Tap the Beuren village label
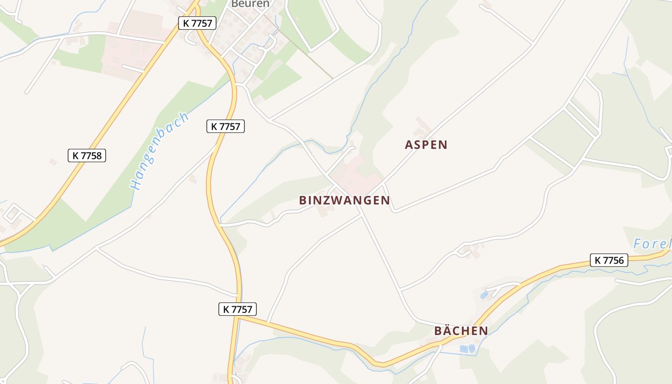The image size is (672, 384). (x=250, y=4)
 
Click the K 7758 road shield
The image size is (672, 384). (x=87, y=156)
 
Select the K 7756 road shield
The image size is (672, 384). (x=609, y=260)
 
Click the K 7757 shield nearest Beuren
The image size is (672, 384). (x=197, y=23)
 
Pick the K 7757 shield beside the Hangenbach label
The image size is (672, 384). (x=226, y=126)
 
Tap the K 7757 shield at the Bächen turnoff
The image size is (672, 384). (x=238, y=309)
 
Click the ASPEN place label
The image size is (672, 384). (x=426, y=145)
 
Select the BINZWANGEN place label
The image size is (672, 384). (x=344, y=201)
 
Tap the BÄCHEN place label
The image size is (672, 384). (x=461, y=331)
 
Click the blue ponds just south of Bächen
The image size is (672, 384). (x=467, y=348)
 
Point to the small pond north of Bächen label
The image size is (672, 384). (x=484, y=295)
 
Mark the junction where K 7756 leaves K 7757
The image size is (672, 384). (x=239, y=316)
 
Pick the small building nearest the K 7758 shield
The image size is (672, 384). (x=53, y=162)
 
